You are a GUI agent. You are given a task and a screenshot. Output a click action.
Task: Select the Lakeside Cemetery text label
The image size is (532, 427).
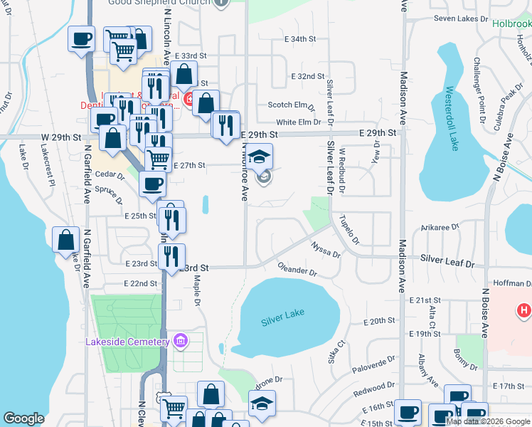pyautogui.click(x=127, y=342)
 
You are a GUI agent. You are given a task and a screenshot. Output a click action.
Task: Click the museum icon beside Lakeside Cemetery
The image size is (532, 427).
pyautogui.click(x=181, y=342)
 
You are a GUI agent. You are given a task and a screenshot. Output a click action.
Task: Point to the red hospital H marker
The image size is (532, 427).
pyautogui.click(x=524, y=310)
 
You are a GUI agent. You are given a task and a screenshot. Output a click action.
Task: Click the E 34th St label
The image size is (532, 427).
pyautogui.click(x=299, y=39)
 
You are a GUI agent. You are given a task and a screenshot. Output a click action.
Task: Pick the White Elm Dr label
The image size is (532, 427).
pyautogui.click(x=299, y=122)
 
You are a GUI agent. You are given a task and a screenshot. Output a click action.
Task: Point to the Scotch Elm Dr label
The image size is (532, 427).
pyautogui.click(x=291, y=105)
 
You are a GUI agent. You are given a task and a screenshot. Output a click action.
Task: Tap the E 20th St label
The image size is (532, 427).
pyautogui.click(x=378, y=322)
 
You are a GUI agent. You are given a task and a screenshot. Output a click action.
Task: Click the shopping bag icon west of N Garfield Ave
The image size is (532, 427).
pyautogui.click(x=65, y=239)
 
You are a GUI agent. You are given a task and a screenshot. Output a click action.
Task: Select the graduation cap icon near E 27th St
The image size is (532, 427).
pyautogui.click(x=260, y=156)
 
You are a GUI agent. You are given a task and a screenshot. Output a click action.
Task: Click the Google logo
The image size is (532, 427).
pyautogui.click(x=24, y=418)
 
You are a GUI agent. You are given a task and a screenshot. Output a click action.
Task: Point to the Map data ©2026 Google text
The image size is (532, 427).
pyautogui.click(x=488, y=421)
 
